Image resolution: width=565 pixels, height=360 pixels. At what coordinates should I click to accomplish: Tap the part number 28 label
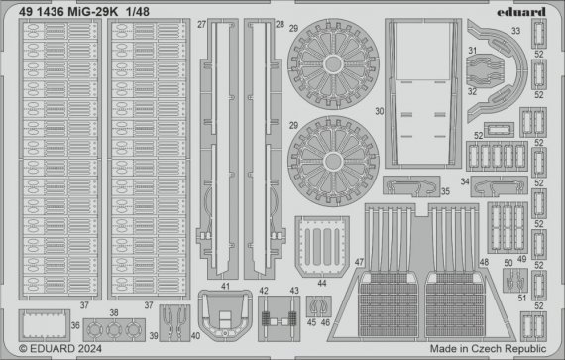[280, 23]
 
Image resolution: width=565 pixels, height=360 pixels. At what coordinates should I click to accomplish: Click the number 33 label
[516, 31]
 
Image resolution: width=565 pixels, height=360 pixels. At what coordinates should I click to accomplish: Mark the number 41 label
[227, 286]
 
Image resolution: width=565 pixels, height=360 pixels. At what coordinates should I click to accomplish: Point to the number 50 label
[508, 263]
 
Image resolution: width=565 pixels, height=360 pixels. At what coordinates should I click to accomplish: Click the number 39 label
[152, 335]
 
